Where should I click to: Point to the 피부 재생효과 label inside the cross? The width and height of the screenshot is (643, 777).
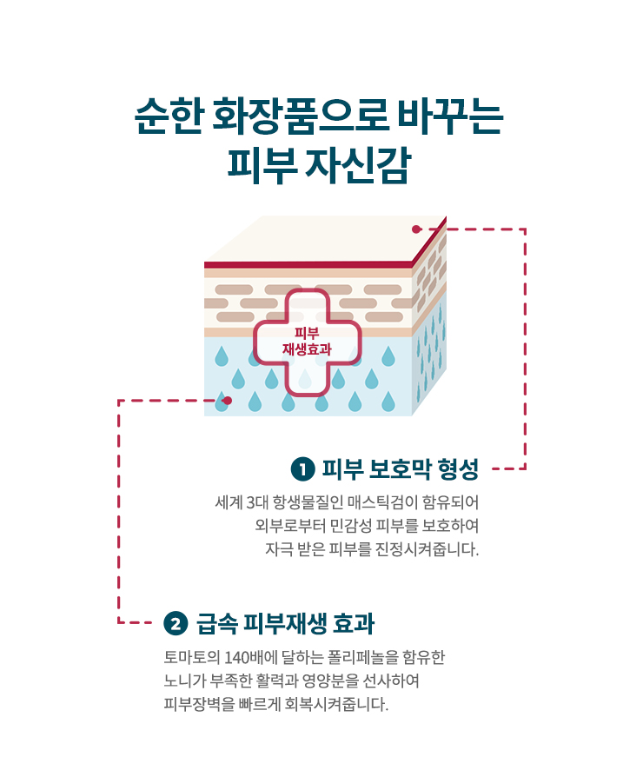click(306, 341)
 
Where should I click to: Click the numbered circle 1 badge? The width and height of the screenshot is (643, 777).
click(302, 469)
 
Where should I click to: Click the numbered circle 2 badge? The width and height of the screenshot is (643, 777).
click(176, 622)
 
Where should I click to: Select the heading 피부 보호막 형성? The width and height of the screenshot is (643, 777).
click(401, 469)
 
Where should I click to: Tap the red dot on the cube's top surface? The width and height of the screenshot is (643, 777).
click(416, 229)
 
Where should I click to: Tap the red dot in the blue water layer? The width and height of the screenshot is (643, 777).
click(228, 401)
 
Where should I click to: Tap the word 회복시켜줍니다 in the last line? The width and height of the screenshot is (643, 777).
click(336, 703)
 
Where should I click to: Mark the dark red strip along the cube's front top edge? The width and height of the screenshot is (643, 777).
click(308, 264)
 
